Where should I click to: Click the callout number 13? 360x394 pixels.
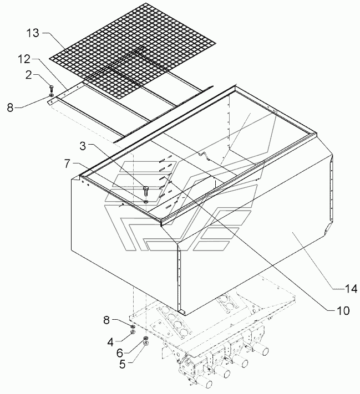point(33,33)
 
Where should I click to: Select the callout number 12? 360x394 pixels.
point(24,59)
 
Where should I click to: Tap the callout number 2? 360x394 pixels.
point(29,75)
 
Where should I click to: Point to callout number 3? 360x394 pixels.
point(83,146)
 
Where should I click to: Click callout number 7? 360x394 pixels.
point(67,164)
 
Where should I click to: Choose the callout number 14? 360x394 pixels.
point(351,289)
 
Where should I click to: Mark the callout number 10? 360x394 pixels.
point(343,310)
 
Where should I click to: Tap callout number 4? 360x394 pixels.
point(110,342)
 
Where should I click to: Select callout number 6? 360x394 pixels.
point(120,353)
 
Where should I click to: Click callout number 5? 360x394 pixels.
point(122,364)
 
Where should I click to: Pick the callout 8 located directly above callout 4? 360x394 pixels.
point(107,320)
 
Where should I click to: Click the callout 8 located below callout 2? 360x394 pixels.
point(10,108)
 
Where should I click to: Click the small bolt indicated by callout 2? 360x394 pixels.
point(52,88)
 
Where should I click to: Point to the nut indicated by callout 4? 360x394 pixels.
point(133,332)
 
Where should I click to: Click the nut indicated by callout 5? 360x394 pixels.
point(145,342)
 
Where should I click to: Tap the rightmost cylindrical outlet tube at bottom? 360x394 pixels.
point(263,351)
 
